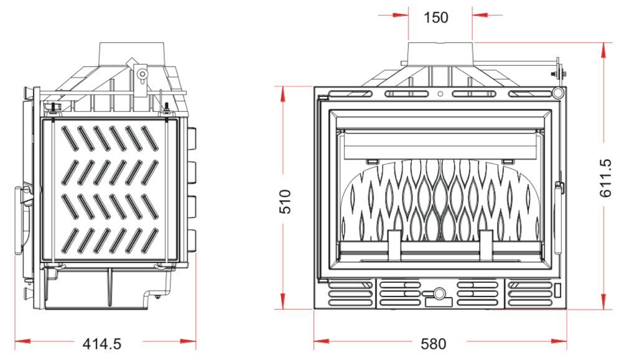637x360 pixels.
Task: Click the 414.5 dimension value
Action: (101, 343)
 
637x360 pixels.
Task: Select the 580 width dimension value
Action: (433, 343)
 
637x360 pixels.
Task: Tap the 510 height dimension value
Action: (285, 201)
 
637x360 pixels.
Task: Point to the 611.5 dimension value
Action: (606, 178)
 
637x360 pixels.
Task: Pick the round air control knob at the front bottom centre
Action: (440, 293)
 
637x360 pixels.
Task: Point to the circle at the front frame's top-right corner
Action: (558, 93)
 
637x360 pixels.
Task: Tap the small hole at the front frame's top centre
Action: (440, 95)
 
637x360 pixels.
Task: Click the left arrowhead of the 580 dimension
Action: (318, 341)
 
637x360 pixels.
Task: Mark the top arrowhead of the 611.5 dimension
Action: (603, 49)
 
